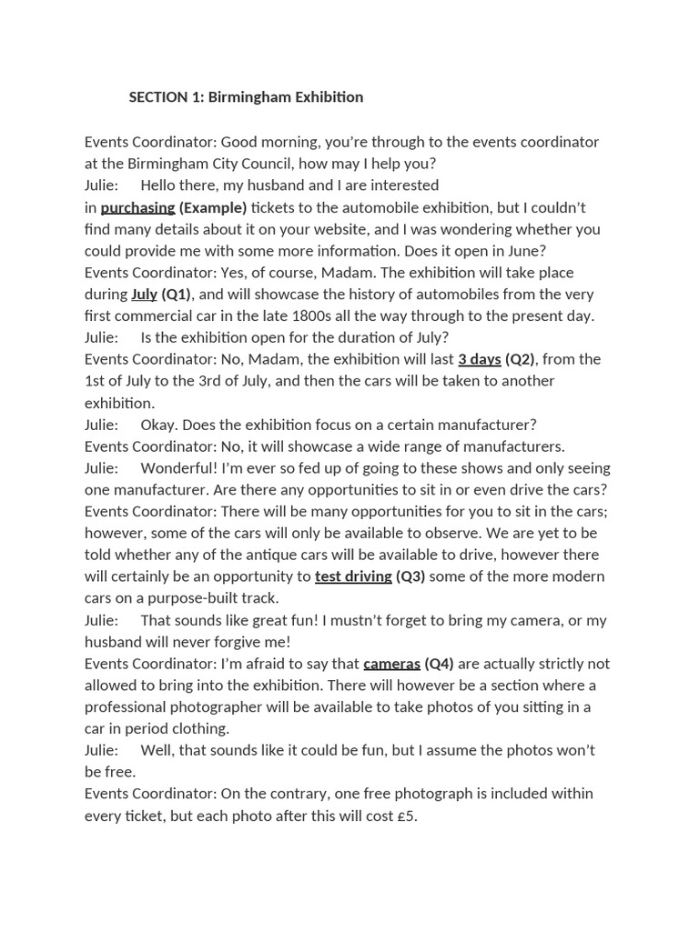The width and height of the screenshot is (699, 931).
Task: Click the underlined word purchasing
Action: coord(137,207)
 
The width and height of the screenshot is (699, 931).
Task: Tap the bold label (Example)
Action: coord(213,207)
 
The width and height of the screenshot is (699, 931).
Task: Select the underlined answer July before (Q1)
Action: coord(144,295)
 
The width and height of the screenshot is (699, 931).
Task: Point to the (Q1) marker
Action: coord(176,295)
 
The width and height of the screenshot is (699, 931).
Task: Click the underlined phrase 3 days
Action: coord(479,359)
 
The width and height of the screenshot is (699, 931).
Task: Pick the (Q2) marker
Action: coord(521,359)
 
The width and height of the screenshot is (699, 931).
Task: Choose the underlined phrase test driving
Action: coord(353,576)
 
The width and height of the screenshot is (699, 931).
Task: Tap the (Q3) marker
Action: coord(410,576)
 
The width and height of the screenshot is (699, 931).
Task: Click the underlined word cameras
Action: coord(391,664)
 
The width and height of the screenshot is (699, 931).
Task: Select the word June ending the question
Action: coord(526,251)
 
